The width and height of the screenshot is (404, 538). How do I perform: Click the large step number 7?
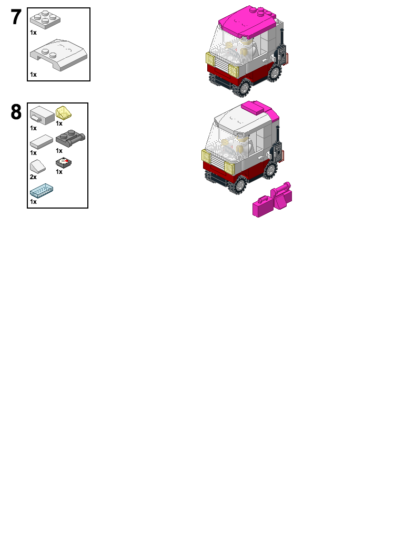16,17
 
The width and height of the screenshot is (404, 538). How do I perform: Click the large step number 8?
16,112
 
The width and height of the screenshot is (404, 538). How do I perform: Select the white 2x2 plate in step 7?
45,20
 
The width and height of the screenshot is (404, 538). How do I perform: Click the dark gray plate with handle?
70,139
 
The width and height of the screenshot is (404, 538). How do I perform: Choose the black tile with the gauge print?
64,163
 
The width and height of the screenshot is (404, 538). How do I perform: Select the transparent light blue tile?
42,191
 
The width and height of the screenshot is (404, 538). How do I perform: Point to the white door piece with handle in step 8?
42,115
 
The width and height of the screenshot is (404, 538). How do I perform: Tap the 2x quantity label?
33,178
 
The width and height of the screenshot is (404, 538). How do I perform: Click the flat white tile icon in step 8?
42,141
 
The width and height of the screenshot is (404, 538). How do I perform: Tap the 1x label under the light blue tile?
33,202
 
